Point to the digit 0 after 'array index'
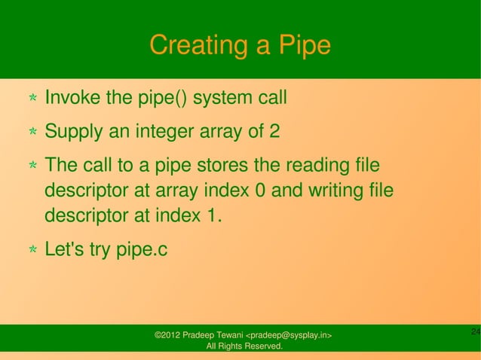tap(259, 190)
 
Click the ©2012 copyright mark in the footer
tap(170, 334)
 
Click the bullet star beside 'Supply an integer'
tap(33, 133)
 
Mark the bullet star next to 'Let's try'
tap(33, 249)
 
